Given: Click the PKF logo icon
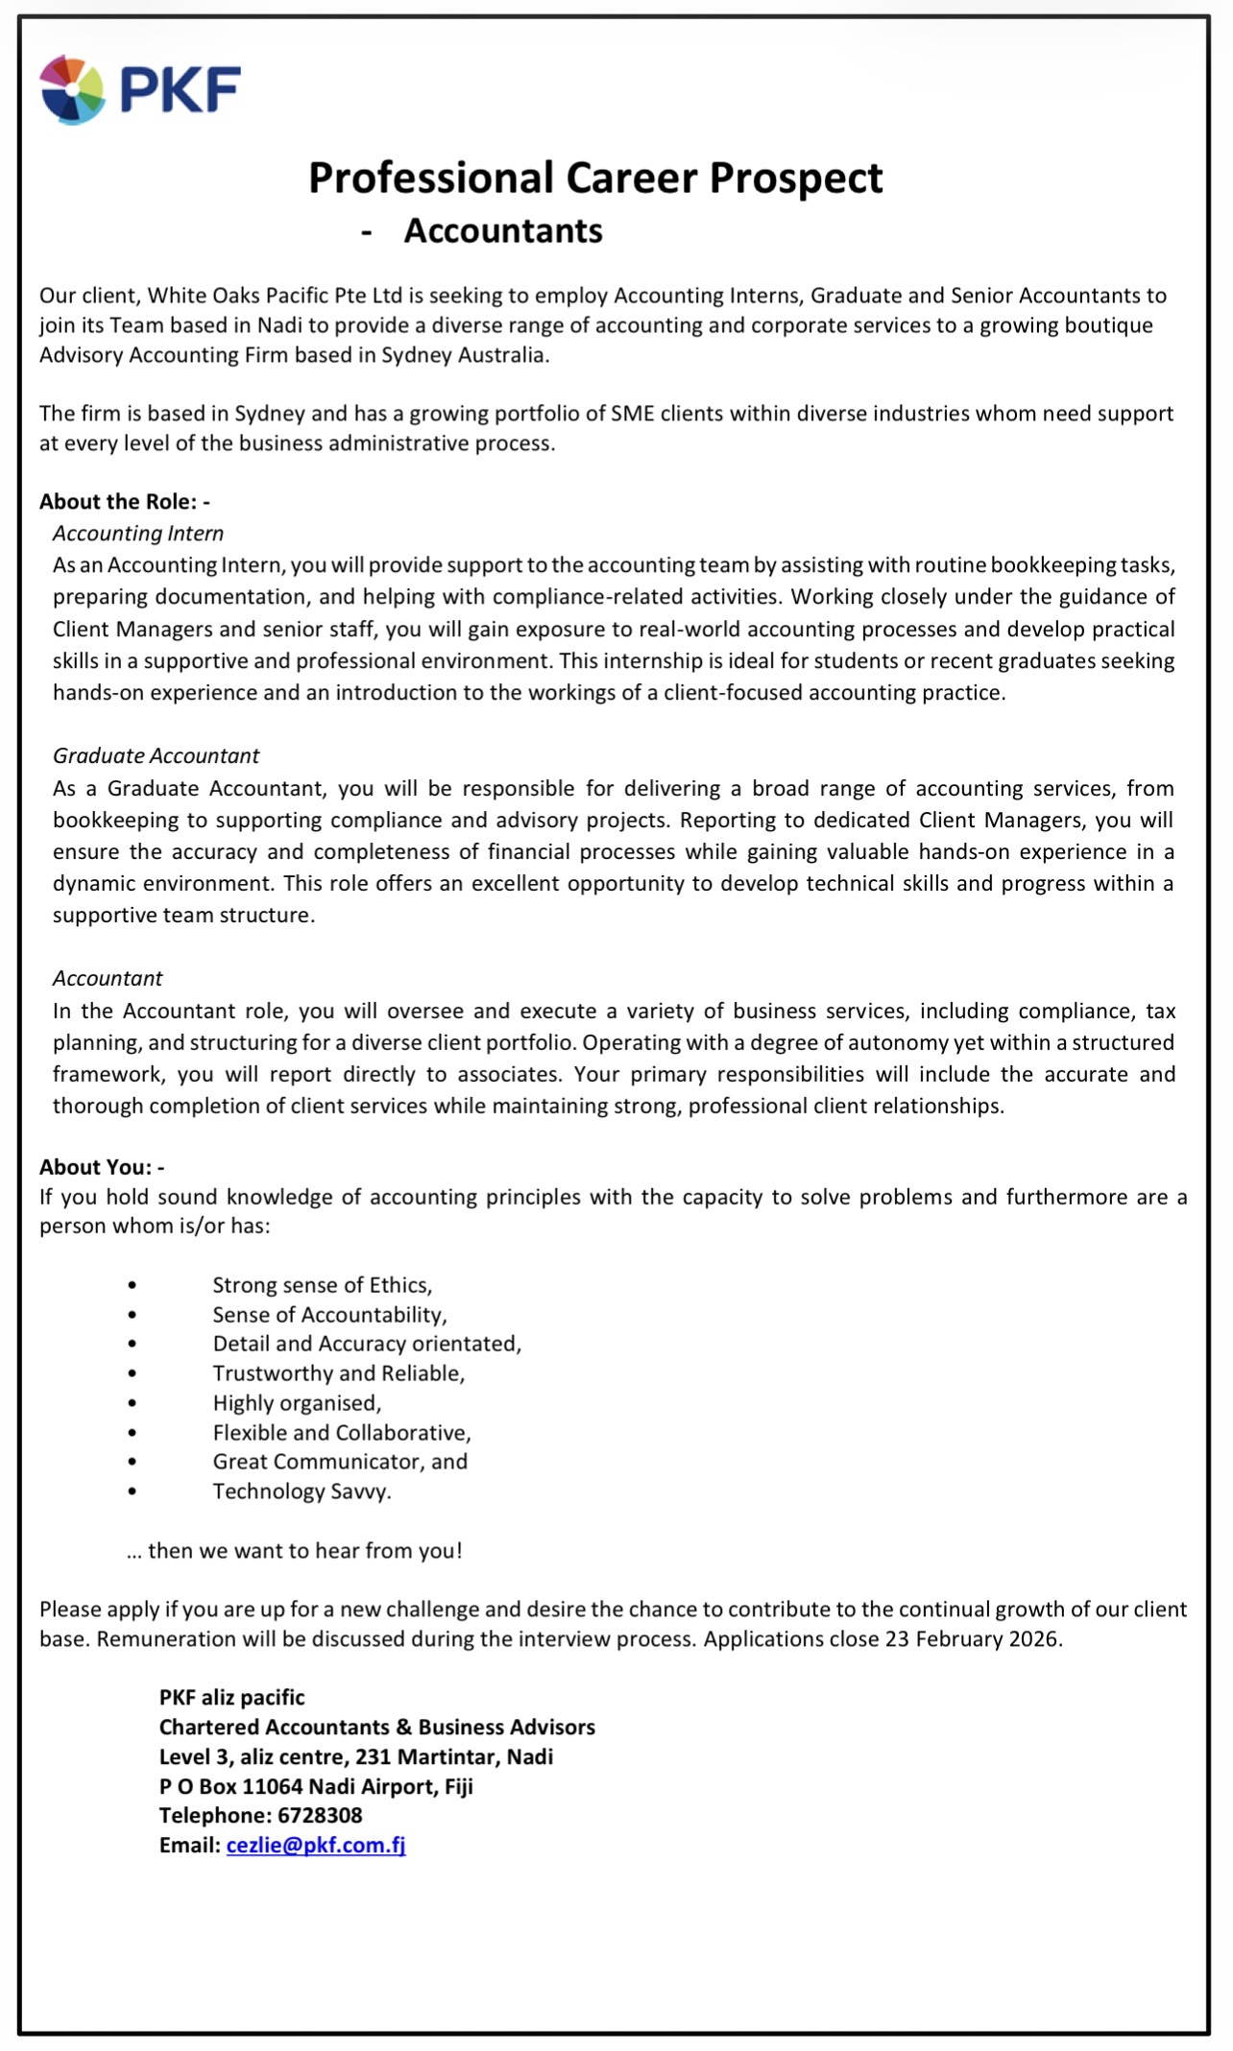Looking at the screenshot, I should (x=73, y=89).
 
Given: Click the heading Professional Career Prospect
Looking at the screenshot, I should (x=594, y=179).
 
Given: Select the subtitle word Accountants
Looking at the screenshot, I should (x=503, y=231).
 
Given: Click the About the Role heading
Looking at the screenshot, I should (x=124, y=502).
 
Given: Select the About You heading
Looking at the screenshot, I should (x=101, y=1167).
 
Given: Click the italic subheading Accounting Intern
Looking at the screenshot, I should (x=138, y=534).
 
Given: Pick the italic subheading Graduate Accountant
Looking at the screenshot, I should (x=157, y=756).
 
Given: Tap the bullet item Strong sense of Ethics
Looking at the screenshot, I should (x=323, y=1285).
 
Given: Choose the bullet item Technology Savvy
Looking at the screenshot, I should (x=302, y=1491).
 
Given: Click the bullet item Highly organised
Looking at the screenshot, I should (x=297, y=1403).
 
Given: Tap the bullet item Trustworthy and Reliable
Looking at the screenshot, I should (x=339, y=1373).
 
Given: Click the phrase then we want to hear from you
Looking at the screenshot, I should (x=304, y=1551).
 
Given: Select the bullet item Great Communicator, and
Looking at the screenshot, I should (x=340, y=1462).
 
